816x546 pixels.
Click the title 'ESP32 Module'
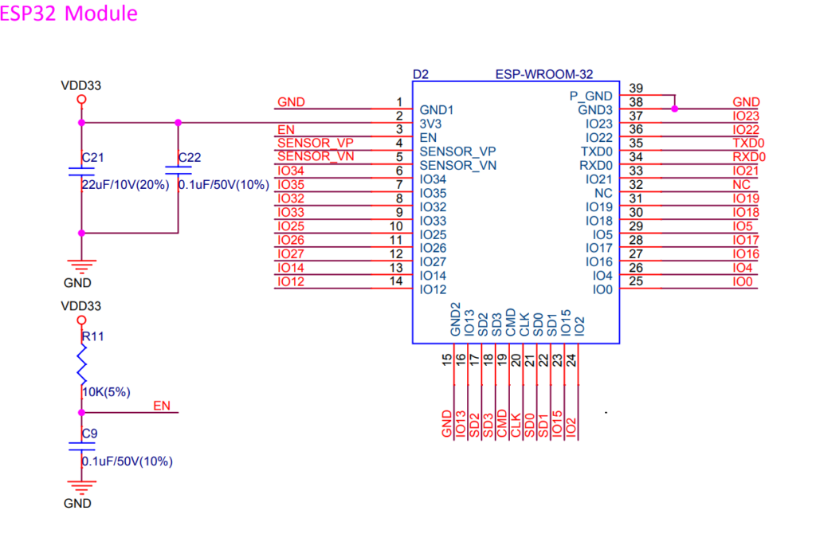pos(69,14)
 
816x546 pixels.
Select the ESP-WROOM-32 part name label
pos(543,74)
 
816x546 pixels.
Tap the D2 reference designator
pos(421,74)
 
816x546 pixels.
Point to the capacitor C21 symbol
pos(81,171)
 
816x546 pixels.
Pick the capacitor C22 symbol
pos(178,171)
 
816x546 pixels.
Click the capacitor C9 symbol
pos(81,446)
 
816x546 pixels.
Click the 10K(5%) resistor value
pos(106,392)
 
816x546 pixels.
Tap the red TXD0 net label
pos(749,143)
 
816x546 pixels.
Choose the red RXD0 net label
pos(749,157)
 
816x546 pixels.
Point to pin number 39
pos(636,88)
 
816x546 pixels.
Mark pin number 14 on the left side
pos(396,281)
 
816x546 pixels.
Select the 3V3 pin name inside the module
pos(430,124)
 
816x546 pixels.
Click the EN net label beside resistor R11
pos(162,406)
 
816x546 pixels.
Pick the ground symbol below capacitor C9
pos(81,486)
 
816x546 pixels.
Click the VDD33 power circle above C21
pos(81,100)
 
